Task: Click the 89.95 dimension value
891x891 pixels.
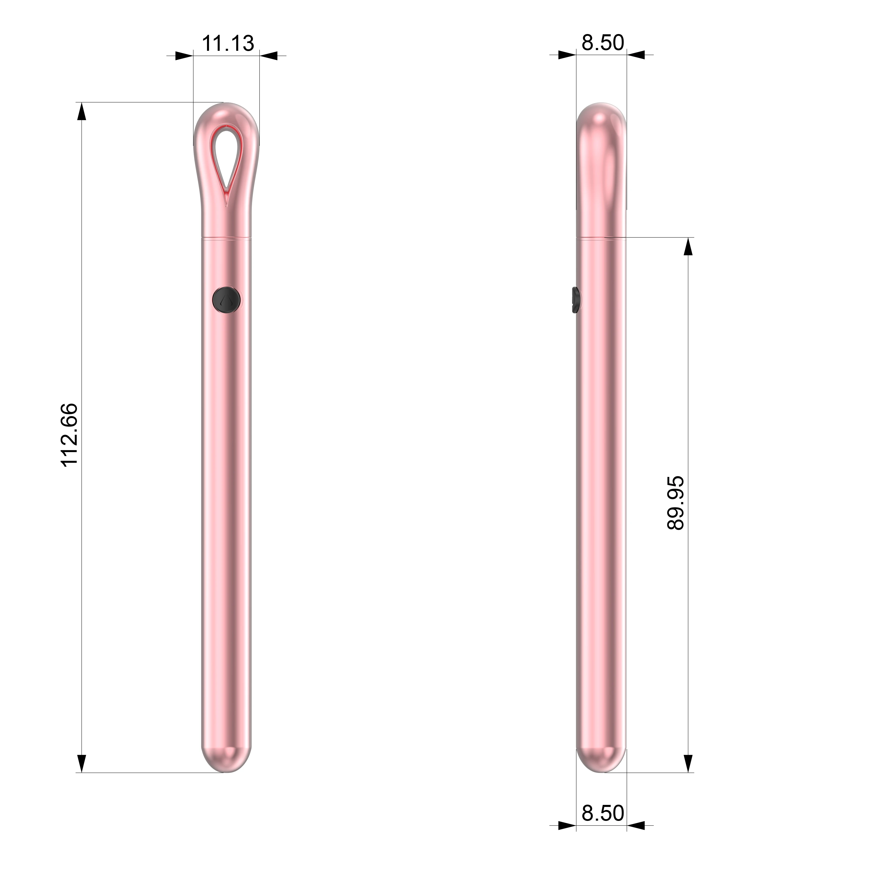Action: (x=676, y=503)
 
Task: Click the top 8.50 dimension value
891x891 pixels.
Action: (x=602, y=43)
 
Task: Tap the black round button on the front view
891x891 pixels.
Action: (x=226, y=300)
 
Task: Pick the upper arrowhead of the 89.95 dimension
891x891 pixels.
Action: (x=688, y=247)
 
